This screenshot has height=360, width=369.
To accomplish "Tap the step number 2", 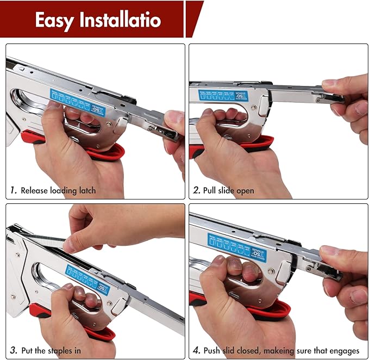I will point(197,190).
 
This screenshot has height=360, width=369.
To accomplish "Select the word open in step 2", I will point(244,190).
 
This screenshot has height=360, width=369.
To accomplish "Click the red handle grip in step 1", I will point(109,152).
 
